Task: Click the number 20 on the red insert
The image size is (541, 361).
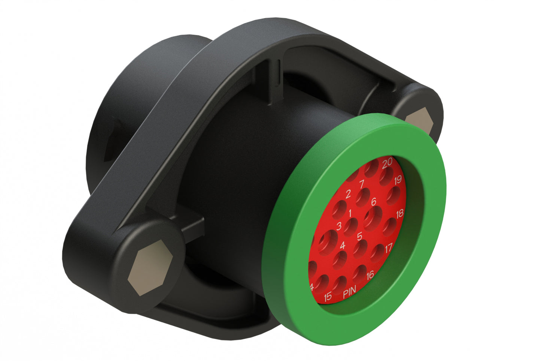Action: [x=387, y=162]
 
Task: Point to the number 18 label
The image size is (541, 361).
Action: [x=399, y=214]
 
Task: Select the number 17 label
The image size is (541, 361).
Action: [x=389, y=247]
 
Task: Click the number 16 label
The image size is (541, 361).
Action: [x=370, y=275]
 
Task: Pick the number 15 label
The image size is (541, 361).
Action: [x=328, y=297]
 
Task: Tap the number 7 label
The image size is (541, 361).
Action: [x=362, y=184]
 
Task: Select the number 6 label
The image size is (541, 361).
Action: [x=373, y=202]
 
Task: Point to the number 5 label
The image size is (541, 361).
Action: [x=359, y=236]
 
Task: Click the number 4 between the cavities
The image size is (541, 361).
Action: [x=342, y=246]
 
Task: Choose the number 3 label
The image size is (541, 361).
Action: [x=339, y=226]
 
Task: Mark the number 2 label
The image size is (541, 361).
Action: [x=348, y=194]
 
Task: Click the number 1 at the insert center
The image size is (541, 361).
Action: [x=350, y=214]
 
